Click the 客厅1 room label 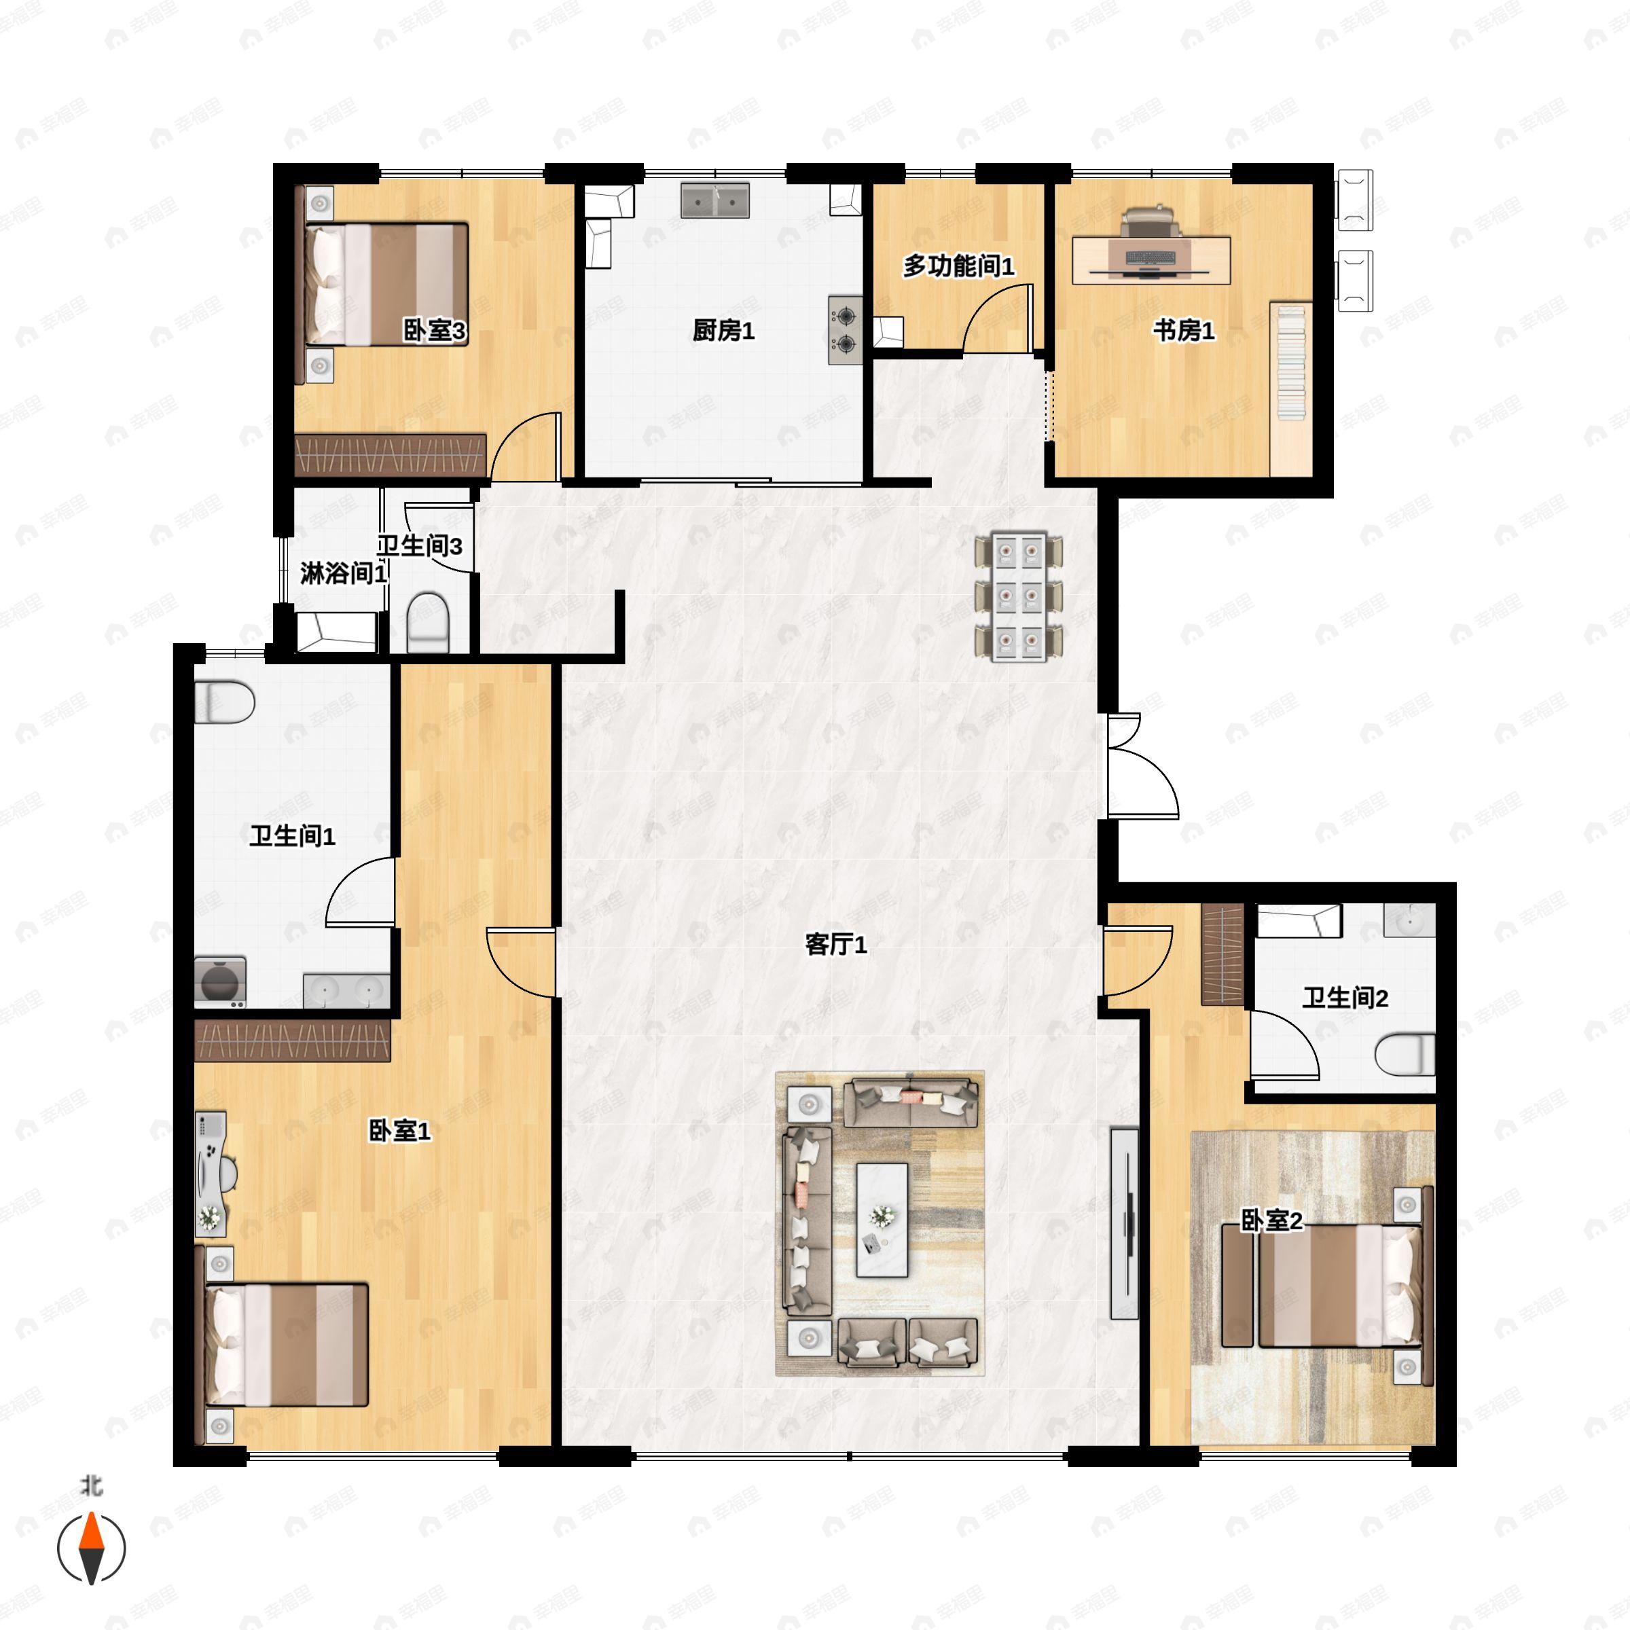click(x=835, y=945)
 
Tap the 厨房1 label click(x=723, y=331)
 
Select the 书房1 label click(x=1184, y=331)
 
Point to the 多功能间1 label click(x=958, y=267)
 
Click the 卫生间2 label click(x=1345, y=998)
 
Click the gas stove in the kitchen click(x=844, y=330)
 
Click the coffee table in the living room click(x=882, y=1219)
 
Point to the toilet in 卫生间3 click(x=427, y=622)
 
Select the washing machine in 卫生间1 click(x=220, y=982)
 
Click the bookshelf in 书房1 click(x=1291, y=363)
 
